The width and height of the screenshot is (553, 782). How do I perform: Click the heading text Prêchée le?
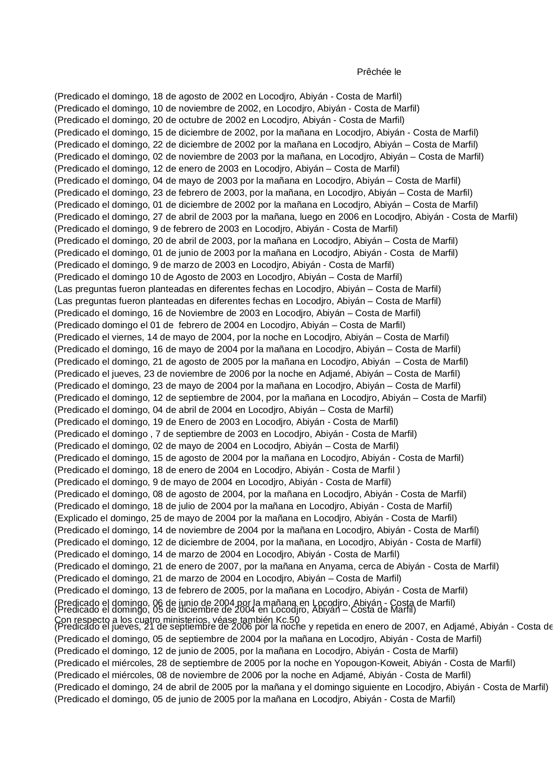(379, 72)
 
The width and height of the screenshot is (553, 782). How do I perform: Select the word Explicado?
(75, 518)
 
